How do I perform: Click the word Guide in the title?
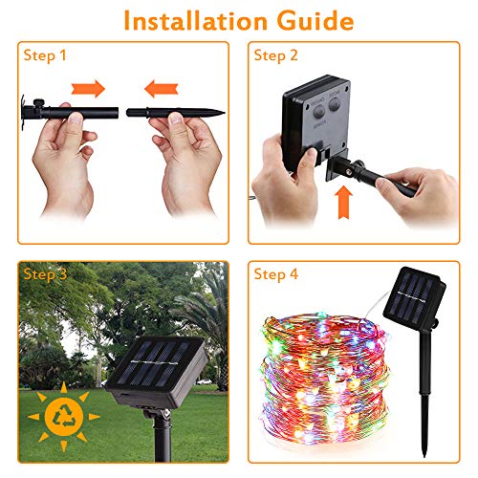point(315,20)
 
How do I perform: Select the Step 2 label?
point(276,55)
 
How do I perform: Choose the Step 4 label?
point(276,275)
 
